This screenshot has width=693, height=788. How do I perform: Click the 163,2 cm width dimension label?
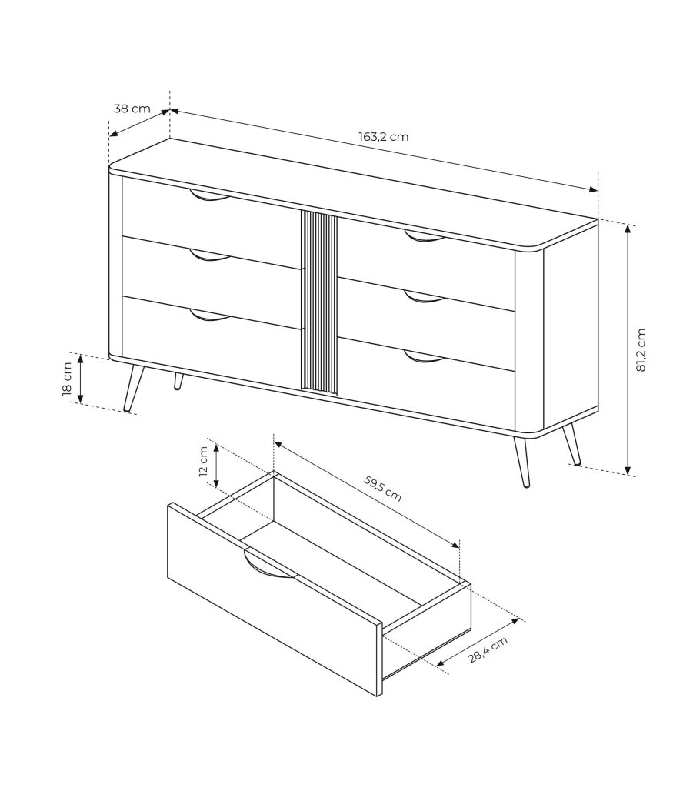point(383,136)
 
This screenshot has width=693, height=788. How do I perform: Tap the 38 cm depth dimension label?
point(132,108)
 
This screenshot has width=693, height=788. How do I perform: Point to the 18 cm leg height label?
point(67,379)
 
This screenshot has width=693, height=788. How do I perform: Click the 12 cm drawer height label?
point(203,462)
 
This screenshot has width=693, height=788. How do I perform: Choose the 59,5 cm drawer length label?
point(383,488)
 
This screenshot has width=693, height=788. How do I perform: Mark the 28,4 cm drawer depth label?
point(488,649)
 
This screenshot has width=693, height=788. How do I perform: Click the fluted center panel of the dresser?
point(319,302)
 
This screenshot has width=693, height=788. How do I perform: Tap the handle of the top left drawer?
point(210,195)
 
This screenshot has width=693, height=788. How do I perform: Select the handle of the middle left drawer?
point(210,255)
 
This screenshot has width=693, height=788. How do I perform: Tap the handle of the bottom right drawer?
point(425,356)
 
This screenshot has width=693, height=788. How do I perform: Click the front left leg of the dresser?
point(133,388)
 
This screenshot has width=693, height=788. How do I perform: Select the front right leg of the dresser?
point(520,460)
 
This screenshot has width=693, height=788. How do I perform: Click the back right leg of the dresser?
point(571,444)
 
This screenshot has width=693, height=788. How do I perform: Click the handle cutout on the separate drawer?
point(270,565)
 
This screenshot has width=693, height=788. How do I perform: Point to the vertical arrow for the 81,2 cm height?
point(628,349)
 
